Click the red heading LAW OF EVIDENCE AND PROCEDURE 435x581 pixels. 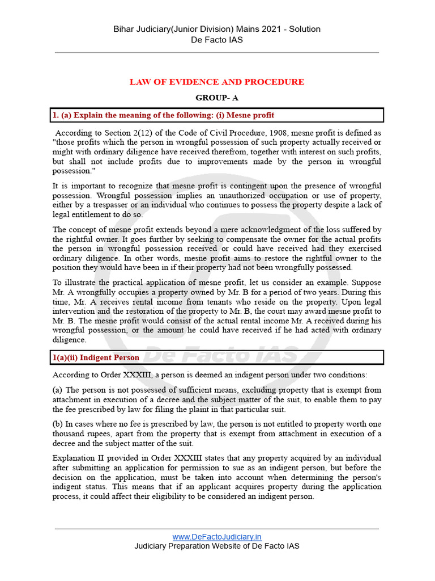[217, 82]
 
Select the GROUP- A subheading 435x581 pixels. [217, 98]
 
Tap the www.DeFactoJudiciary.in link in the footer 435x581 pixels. [217, 537]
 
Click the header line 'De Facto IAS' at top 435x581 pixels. [217, 39]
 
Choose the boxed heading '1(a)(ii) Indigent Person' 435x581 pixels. [96, 357]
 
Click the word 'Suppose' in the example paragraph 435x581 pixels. [365, 283]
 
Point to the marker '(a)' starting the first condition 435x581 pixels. [58, 390]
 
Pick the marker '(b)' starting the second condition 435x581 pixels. [58, 424]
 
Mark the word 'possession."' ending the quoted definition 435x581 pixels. [72, 171]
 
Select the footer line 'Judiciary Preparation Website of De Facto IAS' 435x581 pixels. [217, 546]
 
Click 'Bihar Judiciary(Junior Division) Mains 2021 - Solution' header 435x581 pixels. [217, 29]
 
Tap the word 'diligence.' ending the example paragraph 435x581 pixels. [70, 340]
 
